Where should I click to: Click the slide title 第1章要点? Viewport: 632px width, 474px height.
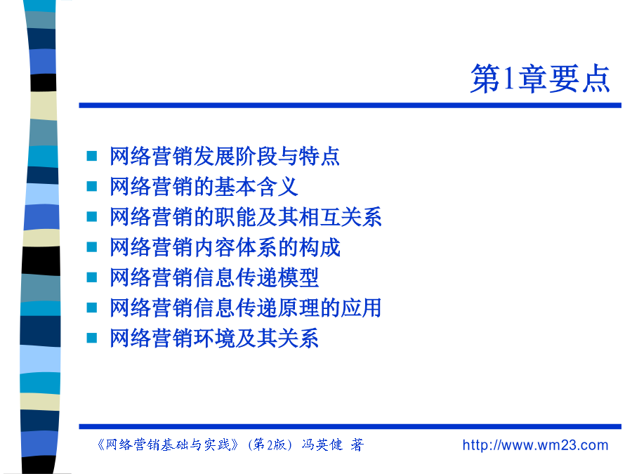540,79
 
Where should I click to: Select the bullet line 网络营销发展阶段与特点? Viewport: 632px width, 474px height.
225,157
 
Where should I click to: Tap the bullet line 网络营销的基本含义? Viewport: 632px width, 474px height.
204,187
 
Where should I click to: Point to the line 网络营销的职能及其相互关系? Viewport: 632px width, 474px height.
246,217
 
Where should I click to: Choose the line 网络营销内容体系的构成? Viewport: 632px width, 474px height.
225,247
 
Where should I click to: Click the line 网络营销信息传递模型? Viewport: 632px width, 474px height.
214,277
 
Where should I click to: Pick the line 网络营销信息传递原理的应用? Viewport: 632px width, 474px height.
246,308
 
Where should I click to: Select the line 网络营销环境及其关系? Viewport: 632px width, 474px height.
214,338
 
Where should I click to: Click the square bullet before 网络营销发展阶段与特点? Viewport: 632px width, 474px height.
92,156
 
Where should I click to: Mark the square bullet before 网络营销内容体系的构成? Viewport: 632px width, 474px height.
92,246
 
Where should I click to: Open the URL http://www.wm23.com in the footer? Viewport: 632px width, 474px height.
535,445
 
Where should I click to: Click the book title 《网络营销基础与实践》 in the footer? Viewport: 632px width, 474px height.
168,445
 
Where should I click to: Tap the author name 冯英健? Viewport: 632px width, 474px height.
322,445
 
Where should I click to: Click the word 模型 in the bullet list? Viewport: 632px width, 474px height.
298,277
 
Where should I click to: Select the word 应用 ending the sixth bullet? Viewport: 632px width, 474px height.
361,308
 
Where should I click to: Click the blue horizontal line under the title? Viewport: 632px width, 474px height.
350,105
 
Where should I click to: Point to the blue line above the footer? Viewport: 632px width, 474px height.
350,426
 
